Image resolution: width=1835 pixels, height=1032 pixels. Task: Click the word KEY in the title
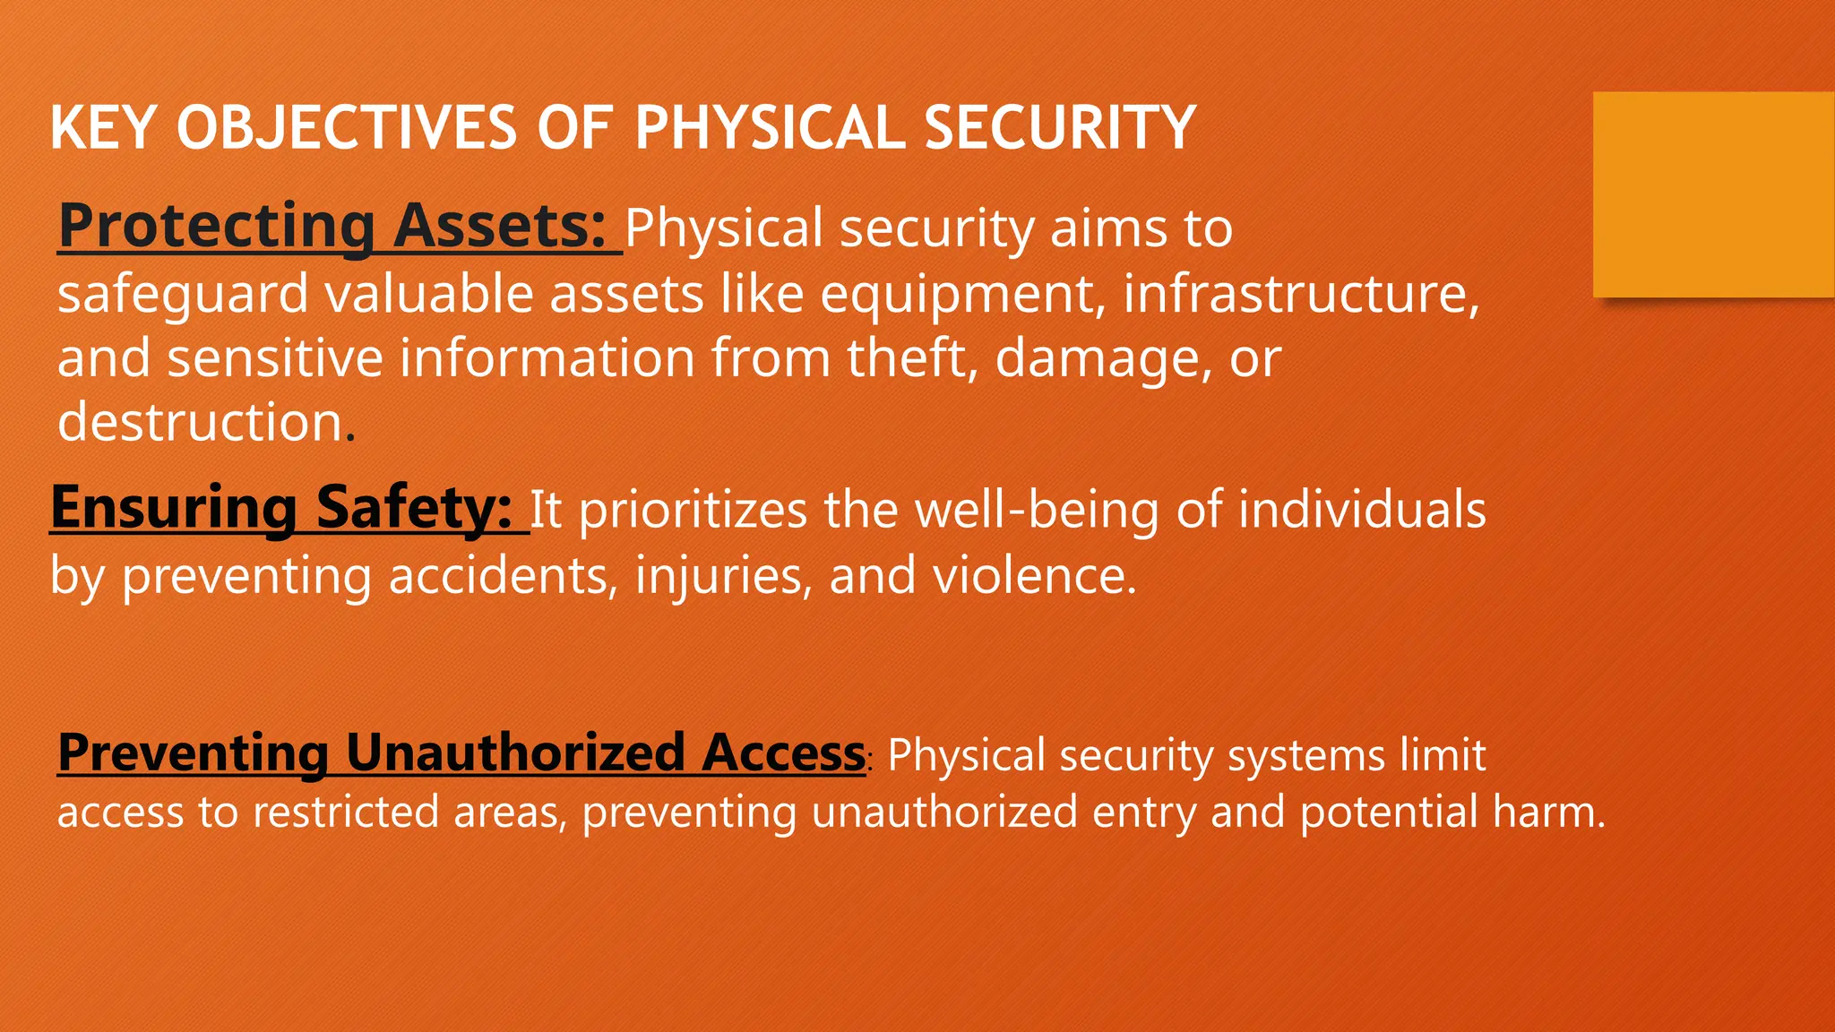pos(103,127)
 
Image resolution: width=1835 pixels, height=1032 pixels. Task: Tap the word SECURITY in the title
pos(1059,127)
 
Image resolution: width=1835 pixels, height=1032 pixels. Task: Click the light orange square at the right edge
pos(1712,194)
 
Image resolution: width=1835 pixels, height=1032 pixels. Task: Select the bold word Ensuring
pos(173,507)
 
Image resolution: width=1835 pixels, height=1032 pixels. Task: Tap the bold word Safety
pos(413,507)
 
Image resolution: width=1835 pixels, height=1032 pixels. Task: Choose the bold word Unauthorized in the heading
pos(515,752)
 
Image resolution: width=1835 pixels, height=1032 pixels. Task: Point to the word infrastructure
pos(1300,294)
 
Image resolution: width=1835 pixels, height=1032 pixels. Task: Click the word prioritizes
pos(694,510)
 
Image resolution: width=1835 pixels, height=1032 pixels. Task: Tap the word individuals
pos(1362,510)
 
